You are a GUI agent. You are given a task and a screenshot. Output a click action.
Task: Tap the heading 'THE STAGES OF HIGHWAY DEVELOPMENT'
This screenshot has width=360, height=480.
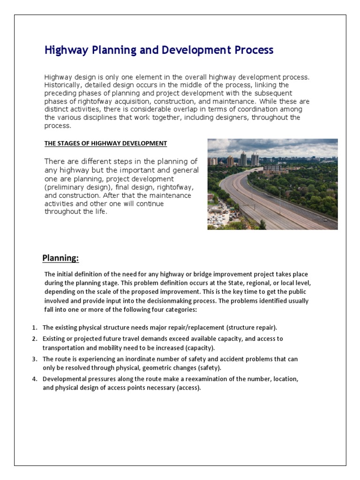coord(105,143)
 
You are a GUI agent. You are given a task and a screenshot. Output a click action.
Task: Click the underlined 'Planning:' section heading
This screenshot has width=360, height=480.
coord(60,258)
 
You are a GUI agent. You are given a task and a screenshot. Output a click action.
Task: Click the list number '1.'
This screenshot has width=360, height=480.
coord(35,327)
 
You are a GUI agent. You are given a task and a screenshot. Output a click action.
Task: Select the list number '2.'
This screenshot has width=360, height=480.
coord(35,338)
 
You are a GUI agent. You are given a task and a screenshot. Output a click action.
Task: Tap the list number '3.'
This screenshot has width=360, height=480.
coord(35,359)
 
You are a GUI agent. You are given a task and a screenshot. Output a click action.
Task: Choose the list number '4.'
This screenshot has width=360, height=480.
coord(35,378)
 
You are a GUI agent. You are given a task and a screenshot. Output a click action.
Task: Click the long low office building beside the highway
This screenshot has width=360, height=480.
coord(272,167)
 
